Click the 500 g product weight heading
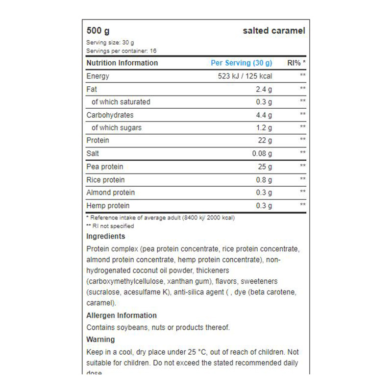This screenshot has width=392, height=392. (98, 31)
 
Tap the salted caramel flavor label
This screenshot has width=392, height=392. (274, 31)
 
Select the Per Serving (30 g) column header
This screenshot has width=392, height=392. (241, 63)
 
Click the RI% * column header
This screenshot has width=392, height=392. (296, 63)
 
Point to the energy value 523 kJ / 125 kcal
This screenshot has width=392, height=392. (245, 76)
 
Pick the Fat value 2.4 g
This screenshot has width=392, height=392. (264, 89)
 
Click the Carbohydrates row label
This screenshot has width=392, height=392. (110, 115)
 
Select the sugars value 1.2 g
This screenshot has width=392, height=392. (264, 128)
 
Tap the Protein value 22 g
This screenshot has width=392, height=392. (265, 141)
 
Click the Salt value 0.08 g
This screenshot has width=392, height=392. (262, 153)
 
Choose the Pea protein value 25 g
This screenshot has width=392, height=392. (265, 167)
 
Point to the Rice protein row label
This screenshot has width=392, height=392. (105, 180)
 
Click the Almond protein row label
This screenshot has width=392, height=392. (110, 193)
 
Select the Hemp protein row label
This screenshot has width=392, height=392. (108, 206)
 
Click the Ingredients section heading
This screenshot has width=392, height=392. (105, 236)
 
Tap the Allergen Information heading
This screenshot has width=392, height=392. (122, 316)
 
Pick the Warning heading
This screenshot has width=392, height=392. (100, 339)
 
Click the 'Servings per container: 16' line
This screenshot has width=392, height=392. (121, 50)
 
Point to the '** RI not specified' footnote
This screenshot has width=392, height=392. (110, 226)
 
